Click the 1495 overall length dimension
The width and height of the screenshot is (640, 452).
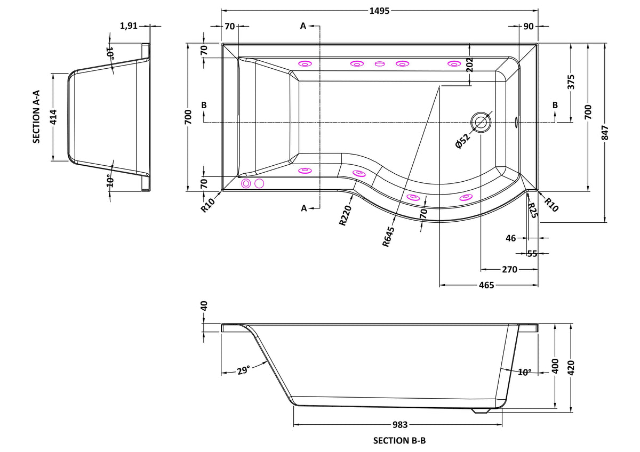[379, 11]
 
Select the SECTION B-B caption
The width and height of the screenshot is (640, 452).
[399, 441]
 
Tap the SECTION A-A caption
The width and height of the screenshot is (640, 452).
[36, 117]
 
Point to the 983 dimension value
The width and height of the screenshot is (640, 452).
[399, 425]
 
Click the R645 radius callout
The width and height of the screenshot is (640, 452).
[388, 237]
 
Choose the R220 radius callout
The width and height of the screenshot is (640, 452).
[345, 215]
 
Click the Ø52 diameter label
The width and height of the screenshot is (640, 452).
[462, 141]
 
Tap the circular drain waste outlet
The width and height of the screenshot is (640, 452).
[481, 122]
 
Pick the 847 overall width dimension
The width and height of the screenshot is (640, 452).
[604, 133]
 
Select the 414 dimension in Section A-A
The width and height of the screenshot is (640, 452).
[54, 117]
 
